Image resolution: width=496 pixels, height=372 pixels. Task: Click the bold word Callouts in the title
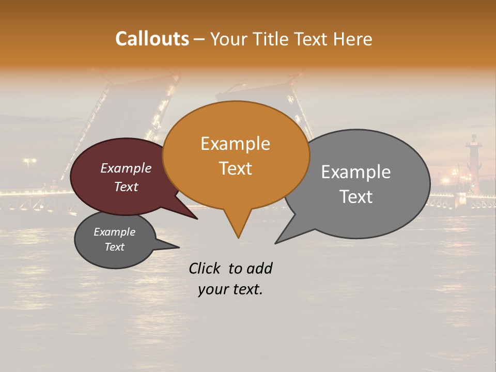click(152, 39)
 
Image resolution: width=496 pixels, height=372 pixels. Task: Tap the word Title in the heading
click(272, 39)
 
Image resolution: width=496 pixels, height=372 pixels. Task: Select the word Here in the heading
click(352, 39)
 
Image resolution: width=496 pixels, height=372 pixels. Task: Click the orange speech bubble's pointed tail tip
click(238, 237)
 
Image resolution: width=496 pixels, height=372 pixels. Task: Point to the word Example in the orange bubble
click(235, 144)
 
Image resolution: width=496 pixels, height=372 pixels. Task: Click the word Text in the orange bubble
click(235, 168)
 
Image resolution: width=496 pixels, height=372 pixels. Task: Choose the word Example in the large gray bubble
click(356, 172)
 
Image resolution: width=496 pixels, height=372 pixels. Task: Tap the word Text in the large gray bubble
click(356, 196)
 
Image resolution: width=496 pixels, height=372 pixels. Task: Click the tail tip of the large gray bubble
click(276, 243)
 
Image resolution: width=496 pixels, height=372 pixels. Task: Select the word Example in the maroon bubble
click(126, 168)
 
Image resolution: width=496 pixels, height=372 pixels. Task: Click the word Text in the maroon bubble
click(126, 187)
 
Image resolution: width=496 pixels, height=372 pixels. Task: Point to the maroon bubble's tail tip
click(197, 219)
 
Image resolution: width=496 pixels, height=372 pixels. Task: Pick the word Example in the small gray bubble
click(114, 232)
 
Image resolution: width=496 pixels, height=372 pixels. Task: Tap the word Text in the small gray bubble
click(114, 247)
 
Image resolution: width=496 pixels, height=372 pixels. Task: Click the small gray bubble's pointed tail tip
click(179, 247)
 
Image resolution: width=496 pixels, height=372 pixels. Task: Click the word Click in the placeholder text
click(205, 268)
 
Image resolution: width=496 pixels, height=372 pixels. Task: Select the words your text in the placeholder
click(230, 289)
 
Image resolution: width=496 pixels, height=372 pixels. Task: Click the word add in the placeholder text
click(259, 268)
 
